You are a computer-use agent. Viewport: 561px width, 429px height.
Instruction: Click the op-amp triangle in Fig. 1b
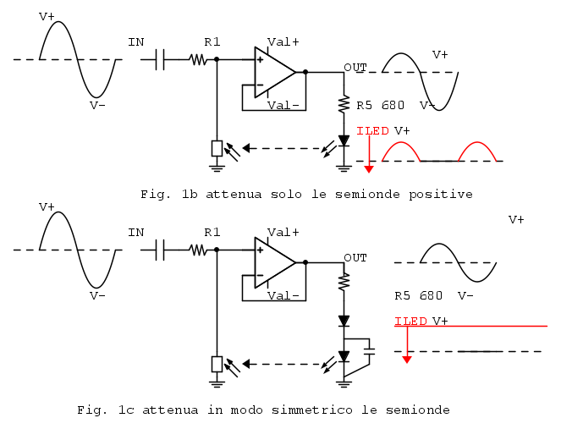[273, 72]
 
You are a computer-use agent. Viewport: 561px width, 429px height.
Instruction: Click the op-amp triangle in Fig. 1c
[273, 262]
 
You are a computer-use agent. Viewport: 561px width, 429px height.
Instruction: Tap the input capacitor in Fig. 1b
[161, 59]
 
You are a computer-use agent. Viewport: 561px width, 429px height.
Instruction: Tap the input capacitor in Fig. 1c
[161, 250]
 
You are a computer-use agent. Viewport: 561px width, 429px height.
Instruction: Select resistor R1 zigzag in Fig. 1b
[198, 59]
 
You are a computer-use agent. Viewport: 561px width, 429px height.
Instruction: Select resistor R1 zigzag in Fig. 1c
[198, 250]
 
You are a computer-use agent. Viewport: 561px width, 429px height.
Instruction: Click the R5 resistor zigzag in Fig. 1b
[344, 105]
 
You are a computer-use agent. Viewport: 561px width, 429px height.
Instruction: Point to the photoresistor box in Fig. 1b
[217, 149]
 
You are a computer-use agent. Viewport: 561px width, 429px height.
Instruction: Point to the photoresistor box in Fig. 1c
[217, 365]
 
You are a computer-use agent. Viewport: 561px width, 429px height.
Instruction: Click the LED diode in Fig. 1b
[344, 140]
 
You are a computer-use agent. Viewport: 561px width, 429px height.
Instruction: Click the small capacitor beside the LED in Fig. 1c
[368, 349]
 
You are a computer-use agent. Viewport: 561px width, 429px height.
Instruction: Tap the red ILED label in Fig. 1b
[373, 131]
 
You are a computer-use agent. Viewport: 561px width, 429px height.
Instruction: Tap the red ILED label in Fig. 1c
[411, 322]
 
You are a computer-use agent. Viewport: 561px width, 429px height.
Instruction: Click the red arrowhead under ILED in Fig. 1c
[407, 360]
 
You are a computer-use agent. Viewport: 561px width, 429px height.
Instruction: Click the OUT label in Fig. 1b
[355, 67]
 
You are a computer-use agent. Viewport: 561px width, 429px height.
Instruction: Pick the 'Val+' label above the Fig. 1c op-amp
[283, 232]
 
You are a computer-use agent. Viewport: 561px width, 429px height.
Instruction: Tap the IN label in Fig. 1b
[135, 41]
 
